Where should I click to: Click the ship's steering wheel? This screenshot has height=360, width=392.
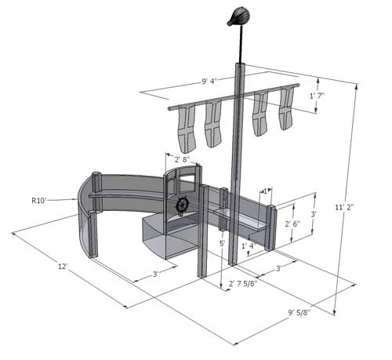(183, 205)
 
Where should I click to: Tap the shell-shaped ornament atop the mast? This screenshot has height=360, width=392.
(238, 16)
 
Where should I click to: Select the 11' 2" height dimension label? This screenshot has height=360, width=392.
(344, 207)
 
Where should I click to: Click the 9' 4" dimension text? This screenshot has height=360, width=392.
(209, 82)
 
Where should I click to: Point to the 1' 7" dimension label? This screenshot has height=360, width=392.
(317, 96)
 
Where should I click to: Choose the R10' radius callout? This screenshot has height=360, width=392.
(38, 201)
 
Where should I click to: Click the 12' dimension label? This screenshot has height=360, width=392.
(63, 267)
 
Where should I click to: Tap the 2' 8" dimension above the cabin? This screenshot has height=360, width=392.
(183, 159)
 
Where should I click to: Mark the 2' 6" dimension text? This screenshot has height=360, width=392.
(292, 224)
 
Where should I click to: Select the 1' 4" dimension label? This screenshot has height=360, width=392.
(249, 245)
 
